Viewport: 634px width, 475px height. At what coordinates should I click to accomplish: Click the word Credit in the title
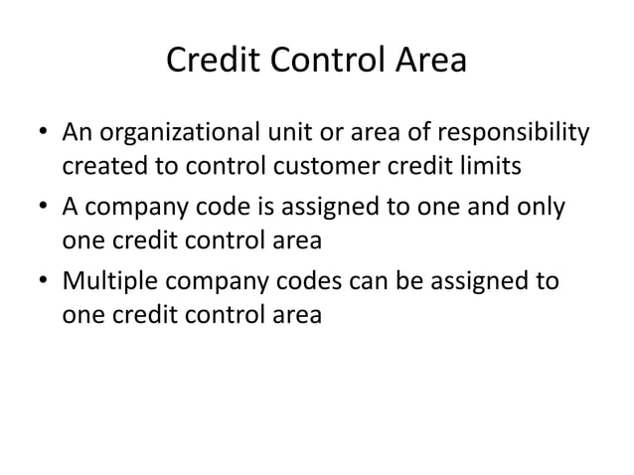pyautogui.click(x=205, y=62)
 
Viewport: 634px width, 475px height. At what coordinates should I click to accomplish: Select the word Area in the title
pyautogui.click(x=429, y=62)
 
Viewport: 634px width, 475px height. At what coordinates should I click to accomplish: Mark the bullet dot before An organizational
pyautogui.click(x=43, y=134)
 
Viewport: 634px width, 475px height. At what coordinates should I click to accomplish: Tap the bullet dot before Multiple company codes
pyautogui.click(x=43, y=281)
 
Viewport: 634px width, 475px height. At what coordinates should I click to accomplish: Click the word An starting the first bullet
pyautogui.click(x=78, y=133)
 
